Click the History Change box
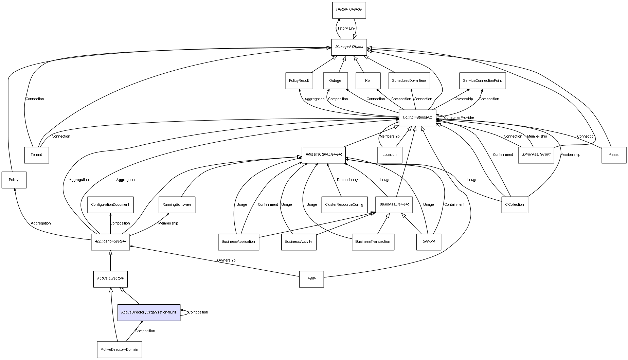point(349,10)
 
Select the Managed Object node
point(349,47)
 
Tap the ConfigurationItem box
point(417,118)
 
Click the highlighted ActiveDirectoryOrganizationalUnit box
point(149,312)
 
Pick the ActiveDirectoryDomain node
point(119,349)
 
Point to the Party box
point(311,279)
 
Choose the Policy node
point(14,180)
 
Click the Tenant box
point(36,155)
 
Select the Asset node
point(614,155)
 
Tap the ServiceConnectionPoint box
point(482,81)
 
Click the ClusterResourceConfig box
point(344,205)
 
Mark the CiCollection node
point(515,205)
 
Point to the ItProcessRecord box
point(536,155)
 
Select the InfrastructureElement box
point(324,155)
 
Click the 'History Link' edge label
point(346,29)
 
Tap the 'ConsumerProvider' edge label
point(459,118)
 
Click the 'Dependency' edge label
point(347,180)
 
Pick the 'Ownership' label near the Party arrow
point(226,260)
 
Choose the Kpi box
point(368,81)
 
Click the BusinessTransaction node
point(373,242)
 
